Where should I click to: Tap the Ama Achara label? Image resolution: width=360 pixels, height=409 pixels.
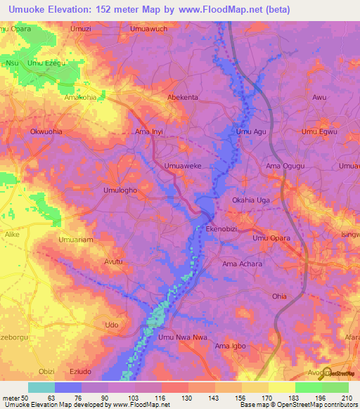pyautogui.click(x=242, y=264)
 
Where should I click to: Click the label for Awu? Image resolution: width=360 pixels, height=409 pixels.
pyautogui.click(x=320, y=97)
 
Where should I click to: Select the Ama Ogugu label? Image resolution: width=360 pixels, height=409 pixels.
pyautogui.click(x=283, y=166)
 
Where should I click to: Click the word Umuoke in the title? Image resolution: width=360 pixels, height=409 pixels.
pyautogui.click(x=27, y=9)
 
